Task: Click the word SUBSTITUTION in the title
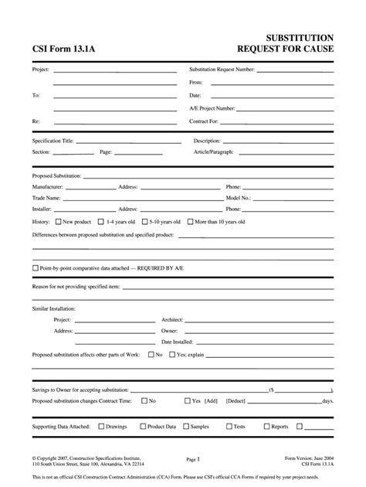point(300,38)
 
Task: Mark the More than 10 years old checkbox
point(190,222)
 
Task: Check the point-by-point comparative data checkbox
point(35,267)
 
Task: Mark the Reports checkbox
point(266,426)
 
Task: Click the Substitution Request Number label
point(222,69)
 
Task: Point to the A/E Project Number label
point(212,108)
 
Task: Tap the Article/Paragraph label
point(212,152)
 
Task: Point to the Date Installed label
point(177,341)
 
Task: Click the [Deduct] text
point(236,401)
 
